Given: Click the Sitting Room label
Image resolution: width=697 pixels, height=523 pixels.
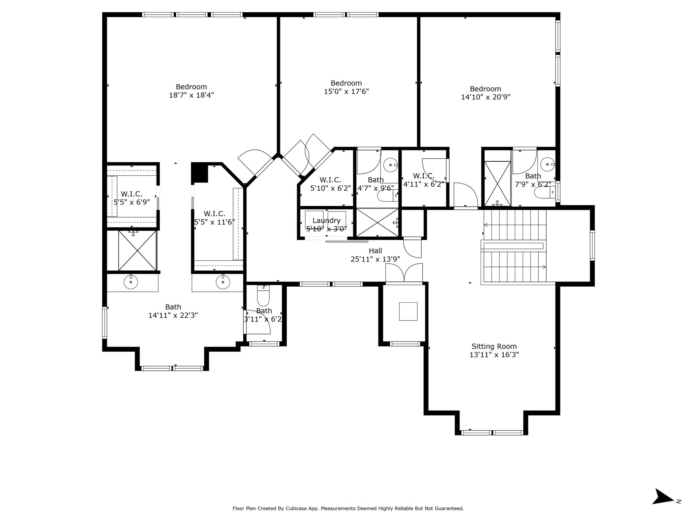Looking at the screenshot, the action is [x=494, y=346].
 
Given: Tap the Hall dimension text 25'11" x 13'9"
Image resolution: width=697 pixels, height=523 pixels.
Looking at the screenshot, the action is [x=375, y=259].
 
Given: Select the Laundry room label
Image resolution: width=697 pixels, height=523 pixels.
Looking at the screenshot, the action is [x=326, y=220].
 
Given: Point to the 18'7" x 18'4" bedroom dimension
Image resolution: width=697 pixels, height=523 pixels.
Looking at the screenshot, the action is [x=191, y=95].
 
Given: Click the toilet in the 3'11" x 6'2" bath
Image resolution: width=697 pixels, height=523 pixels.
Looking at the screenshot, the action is [x=263, y=296].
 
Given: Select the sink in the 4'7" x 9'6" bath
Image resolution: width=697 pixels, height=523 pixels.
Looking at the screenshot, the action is [x=390, y=165].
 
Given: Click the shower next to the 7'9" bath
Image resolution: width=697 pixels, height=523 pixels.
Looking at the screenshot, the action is [x=497, y=184].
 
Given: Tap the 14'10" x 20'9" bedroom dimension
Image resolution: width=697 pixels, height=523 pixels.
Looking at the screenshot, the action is [x=485, y=97].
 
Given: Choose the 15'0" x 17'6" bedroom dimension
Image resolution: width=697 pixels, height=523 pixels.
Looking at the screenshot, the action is [x=346, y=91].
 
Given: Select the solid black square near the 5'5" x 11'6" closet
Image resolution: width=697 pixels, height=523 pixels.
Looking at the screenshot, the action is [x=199, y=172].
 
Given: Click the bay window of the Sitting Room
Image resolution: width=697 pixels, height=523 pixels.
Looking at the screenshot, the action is [x=491, y=432].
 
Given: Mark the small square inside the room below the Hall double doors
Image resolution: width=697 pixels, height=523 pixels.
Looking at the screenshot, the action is [x=408, y=311].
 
